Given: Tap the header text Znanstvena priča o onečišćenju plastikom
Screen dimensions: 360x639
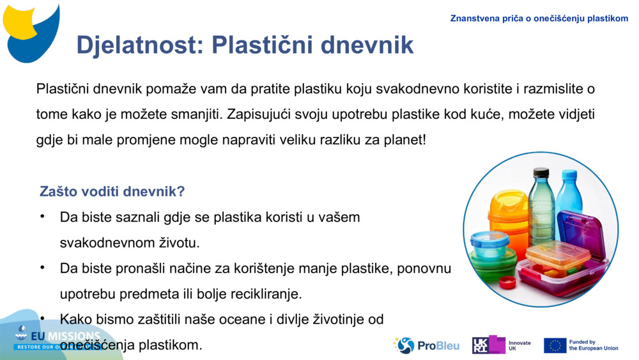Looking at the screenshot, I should [x=539, y=19].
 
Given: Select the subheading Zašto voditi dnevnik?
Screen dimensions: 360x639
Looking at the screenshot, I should [x=112, y=191].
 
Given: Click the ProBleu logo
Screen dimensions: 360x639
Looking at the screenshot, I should [x=427, y=345].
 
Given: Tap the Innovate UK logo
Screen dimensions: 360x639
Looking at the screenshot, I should [x=502, y=345].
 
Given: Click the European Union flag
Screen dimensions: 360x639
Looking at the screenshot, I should [x=555, y=345].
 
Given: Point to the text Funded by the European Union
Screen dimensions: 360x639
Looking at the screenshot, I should [x=593, y=345].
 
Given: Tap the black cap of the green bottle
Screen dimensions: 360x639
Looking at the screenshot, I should [x=541, y=172].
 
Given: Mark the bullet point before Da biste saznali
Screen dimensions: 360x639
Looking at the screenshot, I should [x=42, y=217].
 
